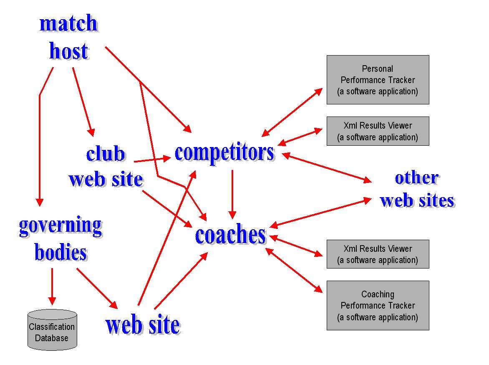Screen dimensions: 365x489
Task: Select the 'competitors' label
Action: tap(224, 152)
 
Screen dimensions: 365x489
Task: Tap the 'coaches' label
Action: tap(230, 235)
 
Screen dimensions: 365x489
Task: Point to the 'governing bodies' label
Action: tap(61, 239)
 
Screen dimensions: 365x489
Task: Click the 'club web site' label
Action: tap(106, 167)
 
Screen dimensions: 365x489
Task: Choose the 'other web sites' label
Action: tap(417, 189)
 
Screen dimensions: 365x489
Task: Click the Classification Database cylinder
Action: tap(52, 330)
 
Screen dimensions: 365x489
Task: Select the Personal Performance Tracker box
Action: tap(378, 80)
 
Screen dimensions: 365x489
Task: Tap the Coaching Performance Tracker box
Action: tap(378, 305)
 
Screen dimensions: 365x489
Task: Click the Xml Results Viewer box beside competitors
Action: tap(378, 131)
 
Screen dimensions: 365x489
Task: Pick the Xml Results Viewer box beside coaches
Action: tap(378, 254)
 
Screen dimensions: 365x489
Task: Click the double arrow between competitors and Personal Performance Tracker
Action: tap(292, 112)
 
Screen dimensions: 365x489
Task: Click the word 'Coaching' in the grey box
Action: tap(378, 294)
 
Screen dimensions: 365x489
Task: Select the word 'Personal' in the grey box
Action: tap(378, 68)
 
